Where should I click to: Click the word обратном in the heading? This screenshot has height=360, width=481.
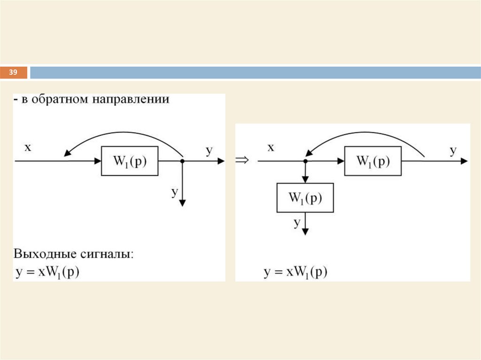pyautogui.click(x=56, y=100)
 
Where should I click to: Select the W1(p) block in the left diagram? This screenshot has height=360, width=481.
pyautogui.click(x=130, y=161)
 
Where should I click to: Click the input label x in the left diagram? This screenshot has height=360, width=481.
pyautogui.click(x=28, y=148)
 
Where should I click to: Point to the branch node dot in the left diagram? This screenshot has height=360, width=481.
pyautogui.click(x=182, y=161)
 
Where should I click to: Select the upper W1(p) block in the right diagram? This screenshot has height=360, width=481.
pyautogui.click(x=373, y=161)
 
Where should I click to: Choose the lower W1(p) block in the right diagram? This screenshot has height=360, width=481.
pyautogui.click(x=305, y=198)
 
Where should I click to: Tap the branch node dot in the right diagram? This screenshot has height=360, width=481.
pyautogui.click(x=305, y=161)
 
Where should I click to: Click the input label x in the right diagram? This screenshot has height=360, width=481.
pyautogui.click(x=271, y=148)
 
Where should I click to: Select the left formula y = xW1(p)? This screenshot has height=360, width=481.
pyautogui.click(x=47, y=273)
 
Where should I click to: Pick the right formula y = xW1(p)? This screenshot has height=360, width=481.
pyautogui.click(x=295, y=273)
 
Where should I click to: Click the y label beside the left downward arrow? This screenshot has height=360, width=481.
pyautogui.click(x=175, y=191)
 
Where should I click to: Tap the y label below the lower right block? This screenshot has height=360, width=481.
pyautogui.click(x=297, y=222)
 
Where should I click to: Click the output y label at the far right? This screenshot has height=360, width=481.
pyautogui.click(x=453, y=151)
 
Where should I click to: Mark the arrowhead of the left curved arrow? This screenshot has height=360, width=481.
pyautogui.click(x=67, y=153)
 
